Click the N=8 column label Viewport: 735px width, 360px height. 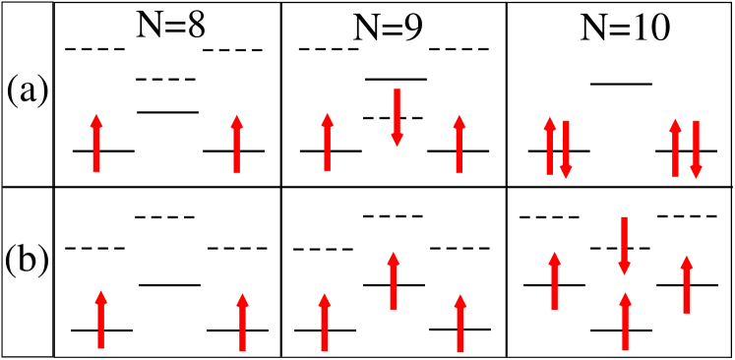[169, 27]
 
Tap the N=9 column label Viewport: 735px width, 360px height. [390, 27]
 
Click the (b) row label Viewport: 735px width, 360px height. [28, 265]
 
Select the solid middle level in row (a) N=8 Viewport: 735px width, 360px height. [167, 111]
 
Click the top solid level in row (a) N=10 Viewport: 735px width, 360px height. [621, 84]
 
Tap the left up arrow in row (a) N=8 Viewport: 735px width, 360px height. [96, 144]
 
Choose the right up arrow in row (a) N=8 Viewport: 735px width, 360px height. [236, 144]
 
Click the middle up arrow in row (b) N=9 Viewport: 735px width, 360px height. [393, 281]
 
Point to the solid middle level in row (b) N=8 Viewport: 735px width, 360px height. [169, 284]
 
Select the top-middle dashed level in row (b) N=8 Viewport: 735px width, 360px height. [165, 216]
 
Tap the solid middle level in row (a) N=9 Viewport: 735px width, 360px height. [396, 78]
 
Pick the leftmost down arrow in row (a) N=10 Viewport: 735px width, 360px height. [566, 150]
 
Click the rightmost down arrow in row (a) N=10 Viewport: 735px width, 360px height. [696, 150]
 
